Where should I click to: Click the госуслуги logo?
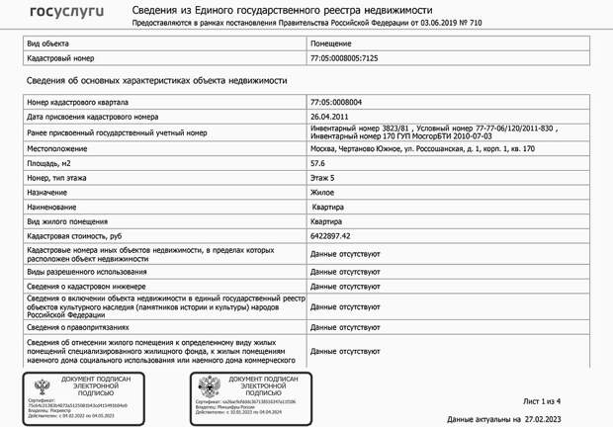coord(67,12)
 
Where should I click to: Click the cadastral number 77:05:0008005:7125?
coord(344,58)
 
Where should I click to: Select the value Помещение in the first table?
coord(330,44)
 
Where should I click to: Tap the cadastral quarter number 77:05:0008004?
coord(336,102)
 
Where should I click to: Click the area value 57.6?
coord(317,163)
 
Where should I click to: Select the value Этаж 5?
coord(322,178)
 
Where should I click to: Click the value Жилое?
coord(322,193)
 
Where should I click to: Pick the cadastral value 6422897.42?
coord(331,237)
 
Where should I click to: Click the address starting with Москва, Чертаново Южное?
coord(422,148)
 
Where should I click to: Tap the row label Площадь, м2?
coord(49,163)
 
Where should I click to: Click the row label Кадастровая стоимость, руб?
coord(74,237)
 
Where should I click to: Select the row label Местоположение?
coord(57,148)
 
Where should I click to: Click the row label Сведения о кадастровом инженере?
coord(88,285)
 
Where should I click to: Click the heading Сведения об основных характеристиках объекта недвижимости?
coord(156,80)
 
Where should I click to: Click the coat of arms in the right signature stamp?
coord(209,386)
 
